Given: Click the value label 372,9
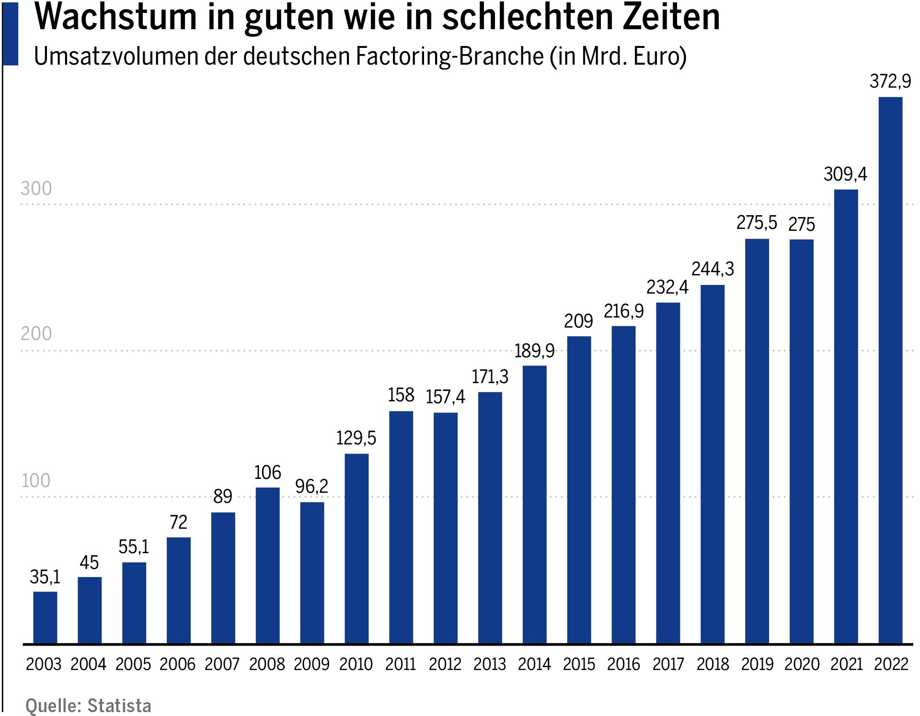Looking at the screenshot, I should [890, 81].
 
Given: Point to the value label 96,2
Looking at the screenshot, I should [311, 487].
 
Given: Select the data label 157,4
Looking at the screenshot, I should [445, 397].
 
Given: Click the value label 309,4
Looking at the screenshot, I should [845, 174].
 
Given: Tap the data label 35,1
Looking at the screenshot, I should [45, 577].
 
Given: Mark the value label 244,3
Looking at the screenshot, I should [713, 269].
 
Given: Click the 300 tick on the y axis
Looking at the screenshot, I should [36, 189].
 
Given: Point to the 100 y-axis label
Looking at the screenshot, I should [36, 481].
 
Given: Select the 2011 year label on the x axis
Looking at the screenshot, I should [401, 664].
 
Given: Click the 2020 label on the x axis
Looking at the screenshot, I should [802, 664].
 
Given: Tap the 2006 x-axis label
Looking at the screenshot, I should [178, 664].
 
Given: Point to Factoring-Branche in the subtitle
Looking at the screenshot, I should [449, 57].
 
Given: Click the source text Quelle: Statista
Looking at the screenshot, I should [88, 706].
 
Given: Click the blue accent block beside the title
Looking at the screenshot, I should [11, 34].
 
